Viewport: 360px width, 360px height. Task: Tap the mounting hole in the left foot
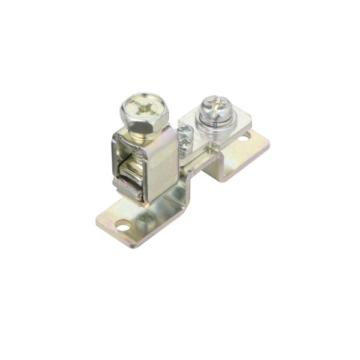click(x=122, y=227)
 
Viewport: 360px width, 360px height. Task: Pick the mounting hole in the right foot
click(x=243, y=137)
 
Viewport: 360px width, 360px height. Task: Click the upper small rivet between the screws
click(x=187, y=130)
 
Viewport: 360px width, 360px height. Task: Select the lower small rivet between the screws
click(x=188, y=142)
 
